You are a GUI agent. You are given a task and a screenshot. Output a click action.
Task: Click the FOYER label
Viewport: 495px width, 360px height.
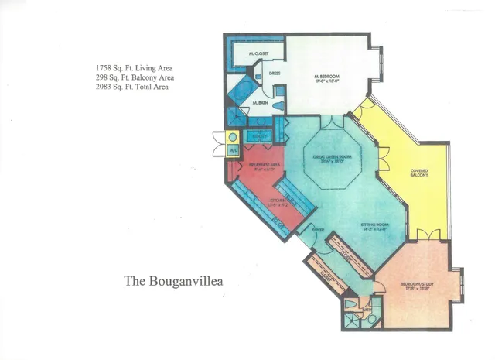click(317, 231)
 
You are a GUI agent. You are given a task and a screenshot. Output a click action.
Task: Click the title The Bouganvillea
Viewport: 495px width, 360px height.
click(174, 280)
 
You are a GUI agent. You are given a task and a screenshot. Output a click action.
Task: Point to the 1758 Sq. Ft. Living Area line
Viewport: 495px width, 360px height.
click(127, 68)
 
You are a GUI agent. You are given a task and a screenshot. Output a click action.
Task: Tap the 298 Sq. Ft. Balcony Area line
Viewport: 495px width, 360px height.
click(129, 77)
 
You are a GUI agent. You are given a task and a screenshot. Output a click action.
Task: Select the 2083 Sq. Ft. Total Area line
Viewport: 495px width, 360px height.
click(128, 87)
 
